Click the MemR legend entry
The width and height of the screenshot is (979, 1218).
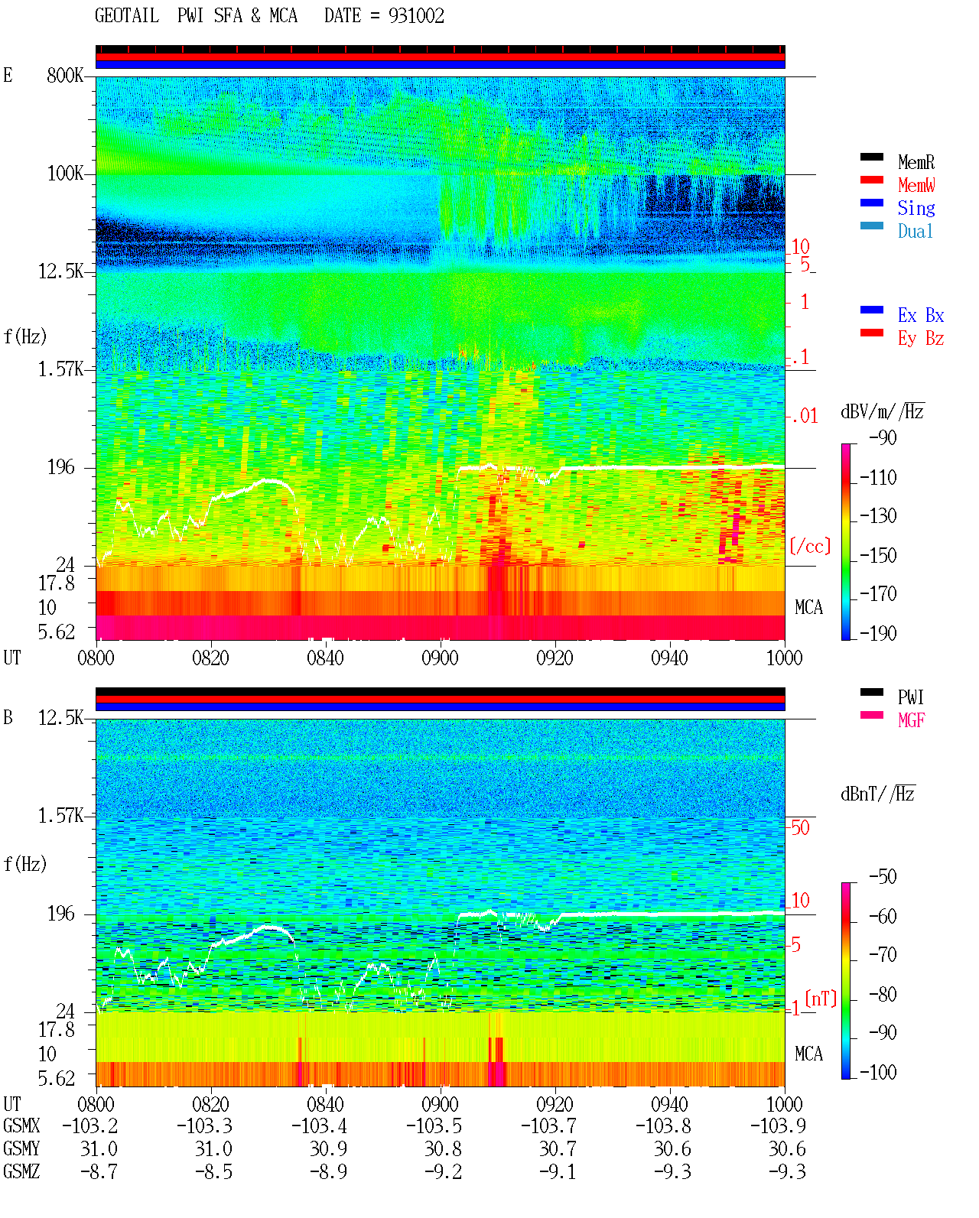click(916, 162)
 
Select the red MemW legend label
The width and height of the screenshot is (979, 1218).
click(916, 185)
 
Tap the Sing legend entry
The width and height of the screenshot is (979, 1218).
click(916, 208)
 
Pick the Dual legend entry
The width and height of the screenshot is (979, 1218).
click(915, 231)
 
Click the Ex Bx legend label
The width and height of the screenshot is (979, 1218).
click(921, 315)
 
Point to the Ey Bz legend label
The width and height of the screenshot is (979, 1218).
click(921, 339)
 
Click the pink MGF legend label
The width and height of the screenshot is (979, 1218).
click(911, 720)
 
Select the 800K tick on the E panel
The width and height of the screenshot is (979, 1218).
click(65, 75)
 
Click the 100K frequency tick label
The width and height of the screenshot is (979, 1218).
click(65, 174)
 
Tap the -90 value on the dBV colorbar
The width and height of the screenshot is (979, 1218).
click(883, 437)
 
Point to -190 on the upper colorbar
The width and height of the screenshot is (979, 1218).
click(878, 633)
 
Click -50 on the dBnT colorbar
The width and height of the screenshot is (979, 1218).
click(883, 877)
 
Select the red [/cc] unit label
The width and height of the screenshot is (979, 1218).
click(810, 546)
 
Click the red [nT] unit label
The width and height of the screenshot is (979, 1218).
click(821, 999)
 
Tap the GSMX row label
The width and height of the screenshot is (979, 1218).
click(21, 1125)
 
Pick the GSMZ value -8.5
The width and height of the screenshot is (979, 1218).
click(213, 1171)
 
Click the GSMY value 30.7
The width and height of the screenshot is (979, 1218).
click(558, 1149)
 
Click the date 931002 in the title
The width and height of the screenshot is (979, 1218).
click(416, 16)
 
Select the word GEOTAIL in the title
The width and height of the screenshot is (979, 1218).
click(127, 16)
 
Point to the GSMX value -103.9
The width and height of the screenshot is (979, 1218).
click(778, 1125)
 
